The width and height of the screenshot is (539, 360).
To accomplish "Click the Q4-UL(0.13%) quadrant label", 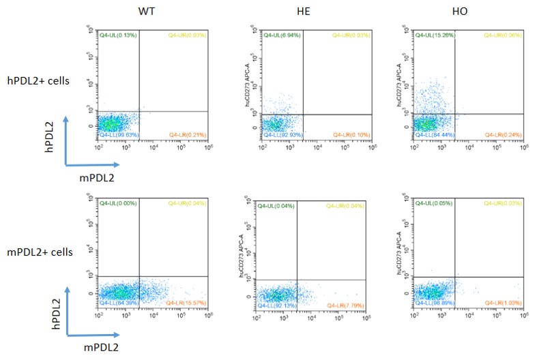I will [119, 34].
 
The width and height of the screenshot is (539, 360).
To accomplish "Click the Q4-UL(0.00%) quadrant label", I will [119, 202].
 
